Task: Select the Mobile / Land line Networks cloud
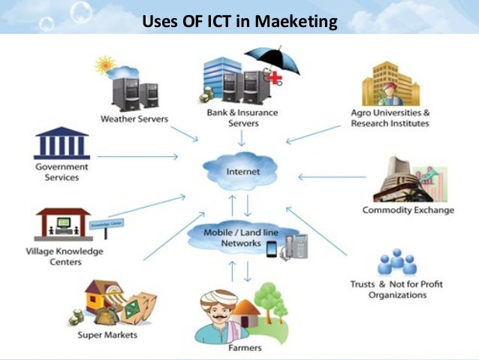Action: point(240,237)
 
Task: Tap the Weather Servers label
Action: point(134,119)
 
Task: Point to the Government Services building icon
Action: point(62,143)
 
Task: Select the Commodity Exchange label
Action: point(408,210)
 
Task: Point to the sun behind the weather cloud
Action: point(102,64)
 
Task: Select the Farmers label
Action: point(244,348)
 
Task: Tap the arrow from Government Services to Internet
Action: point(138,157)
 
